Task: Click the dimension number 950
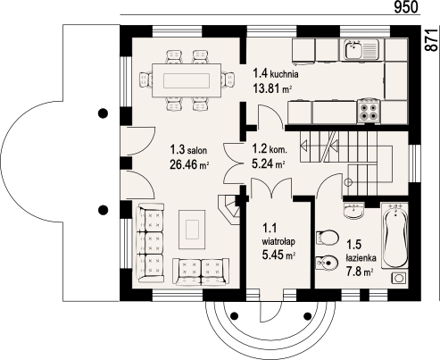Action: pos(406,9)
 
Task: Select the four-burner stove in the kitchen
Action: pos(368,112)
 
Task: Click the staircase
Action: pos(348,156)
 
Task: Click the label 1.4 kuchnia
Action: pos(275,75)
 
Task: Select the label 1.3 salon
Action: pos(189,152)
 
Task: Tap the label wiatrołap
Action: pos(278,241)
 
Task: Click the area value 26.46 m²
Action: pos(189,165)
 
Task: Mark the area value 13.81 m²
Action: pos(274,89)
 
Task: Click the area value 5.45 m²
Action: pos(278,255)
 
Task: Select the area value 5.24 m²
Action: pos(268,164)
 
